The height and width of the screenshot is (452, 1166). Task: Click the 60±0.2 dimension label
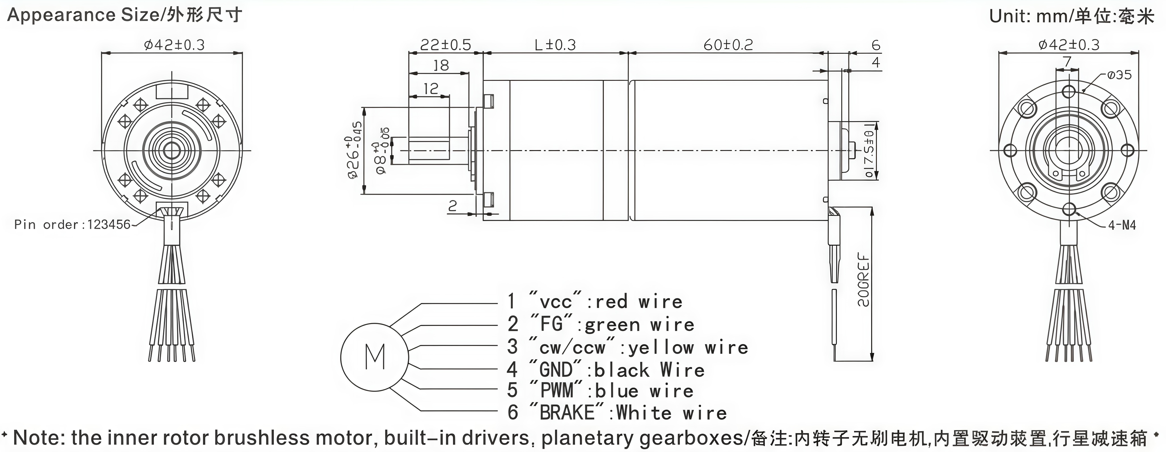coord(728,45)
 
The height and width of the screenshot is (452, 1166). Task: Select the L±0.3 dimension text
coord(555,45)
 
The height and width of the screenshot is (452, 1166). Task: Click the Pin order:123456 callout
coord(72,225)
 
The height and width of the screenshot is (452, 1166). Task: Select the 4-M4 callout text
coord(1122,225)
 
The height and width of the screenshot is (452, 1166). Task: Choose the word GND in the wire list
coord(556,369)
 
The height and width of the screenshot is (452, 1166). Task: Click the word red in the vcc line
coord(611,302)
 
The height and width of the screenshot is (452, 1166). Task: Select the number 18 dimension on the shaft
coord(441,66)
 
